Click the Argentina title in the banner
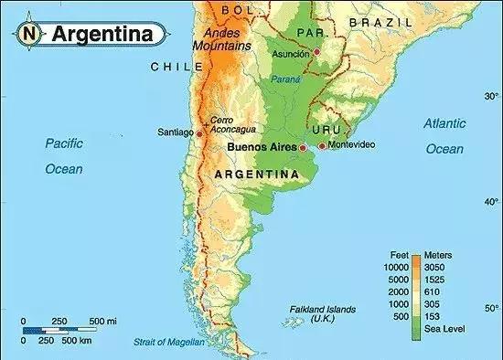102,35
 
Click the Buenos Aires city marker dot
303,146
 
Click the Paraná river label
285,80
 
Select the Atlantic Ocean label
444,135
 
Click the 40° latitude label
491,202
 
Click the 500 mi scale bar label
102,322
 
